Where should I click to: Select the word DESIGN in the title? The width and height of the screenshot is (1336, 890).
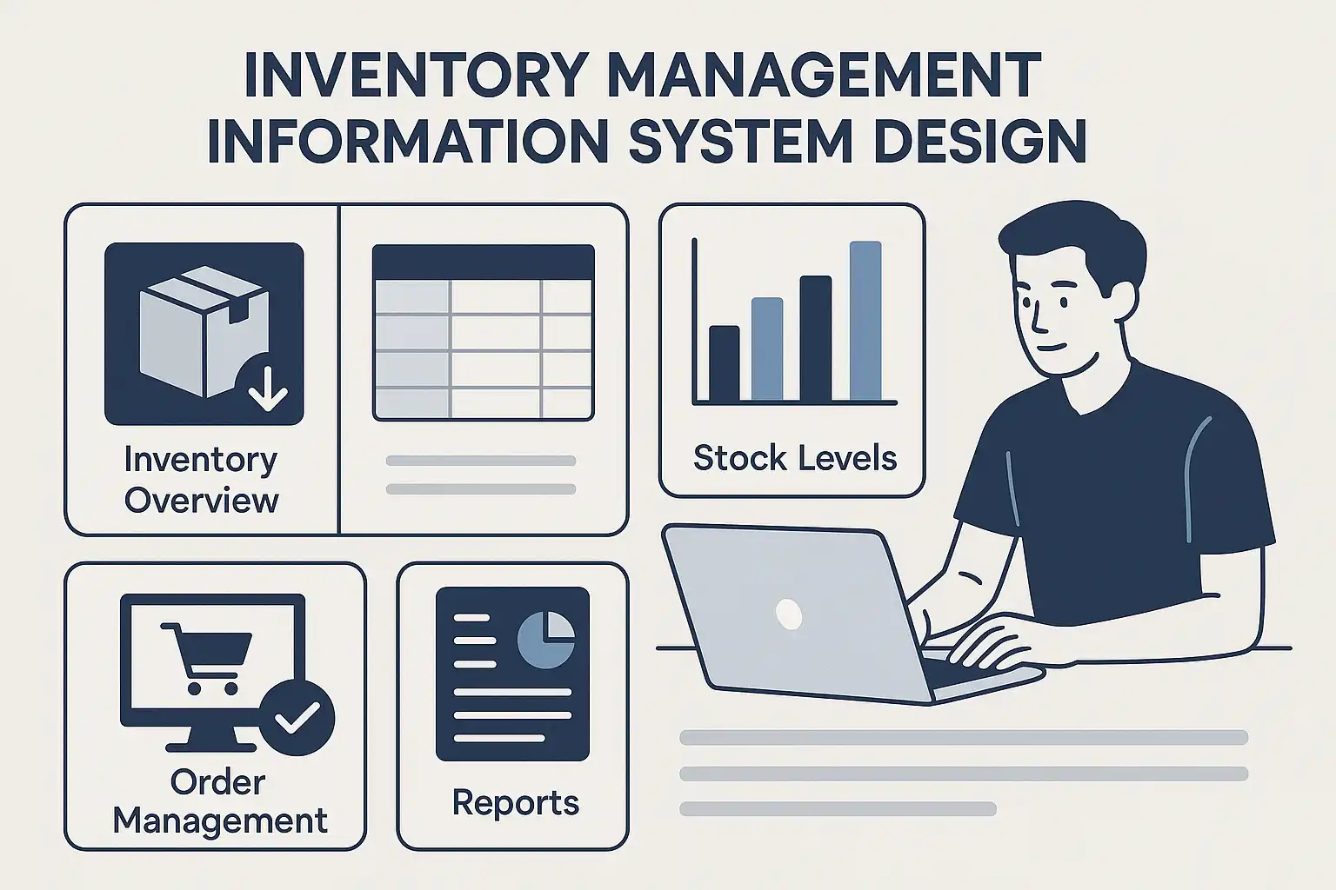pos(979,142)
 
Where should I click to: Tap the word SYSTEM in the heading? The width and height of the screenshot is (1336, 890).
pos(741,142)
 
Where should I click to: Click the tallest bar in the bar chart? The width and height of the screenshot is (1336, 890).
pos(865,322)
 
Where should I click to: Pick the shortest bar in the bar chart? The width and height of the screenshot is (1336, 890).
pos(724,363)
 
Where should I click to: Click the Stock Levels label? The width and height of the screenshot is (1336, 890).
pos(795,458)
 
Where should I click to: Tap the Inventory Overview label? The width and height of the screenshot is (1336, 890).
pos(201,480)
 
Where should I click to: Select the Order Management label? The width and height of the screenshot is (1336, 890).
pos(220,801)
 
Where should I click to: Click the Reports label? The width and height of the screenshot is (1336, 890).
pos(515,803)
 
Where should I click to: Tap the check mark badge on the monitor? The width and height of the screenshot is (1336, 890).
pos(297,718)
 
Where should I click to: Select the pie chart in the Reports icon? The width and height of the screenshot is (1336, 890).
pos(545,640)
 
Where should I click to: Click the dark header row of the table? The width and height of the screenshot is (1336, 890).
pos(483,262)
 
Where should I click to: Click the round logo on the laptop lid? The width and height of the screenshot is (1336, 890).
pos(789,614)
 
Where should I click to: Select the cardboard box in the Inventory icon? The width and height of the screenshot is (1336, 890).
pos(204,332)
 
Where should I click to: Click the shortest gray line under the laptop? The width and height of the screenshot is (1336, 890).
pos(838,809)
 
